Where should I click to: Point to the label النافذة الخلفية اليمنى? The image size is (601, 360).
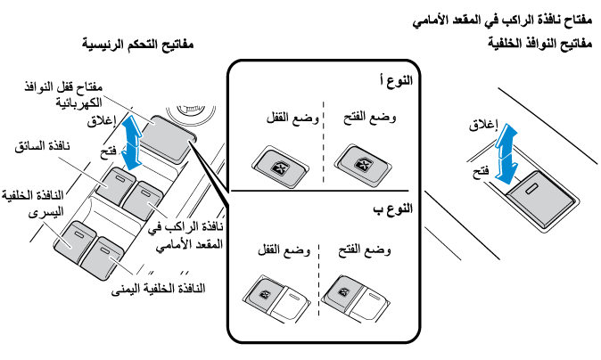click(169, 289)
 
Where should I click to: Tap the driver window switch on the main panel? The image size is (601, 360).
click(115, 187)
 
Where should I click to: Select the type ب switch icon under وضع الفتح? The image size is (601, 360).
click(344, 293)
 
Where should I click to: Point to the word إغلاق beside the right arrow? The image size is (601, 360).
click(482, 127)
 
